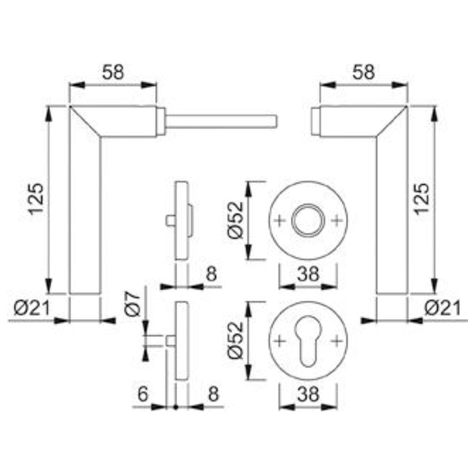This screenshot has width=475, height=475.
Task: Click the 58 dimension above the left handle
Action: point(113,73)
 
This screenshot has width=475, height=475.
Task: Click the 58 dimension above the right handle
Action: point(363,73)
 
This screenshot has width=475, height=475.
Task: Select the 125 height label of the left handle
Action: point(37,199)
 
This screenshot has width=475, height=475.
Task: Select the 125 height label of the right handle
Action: point(421,199)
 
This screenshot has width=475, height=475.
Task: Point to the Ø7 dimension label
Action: point(133,304)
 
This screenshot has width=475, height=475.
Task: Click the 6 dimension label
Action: point(142,394)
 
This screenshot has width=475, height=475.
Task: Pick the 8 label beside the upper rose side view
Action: point(211,274)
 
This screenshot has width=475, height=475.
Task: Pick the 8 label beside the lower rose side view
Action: point(213,394)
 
